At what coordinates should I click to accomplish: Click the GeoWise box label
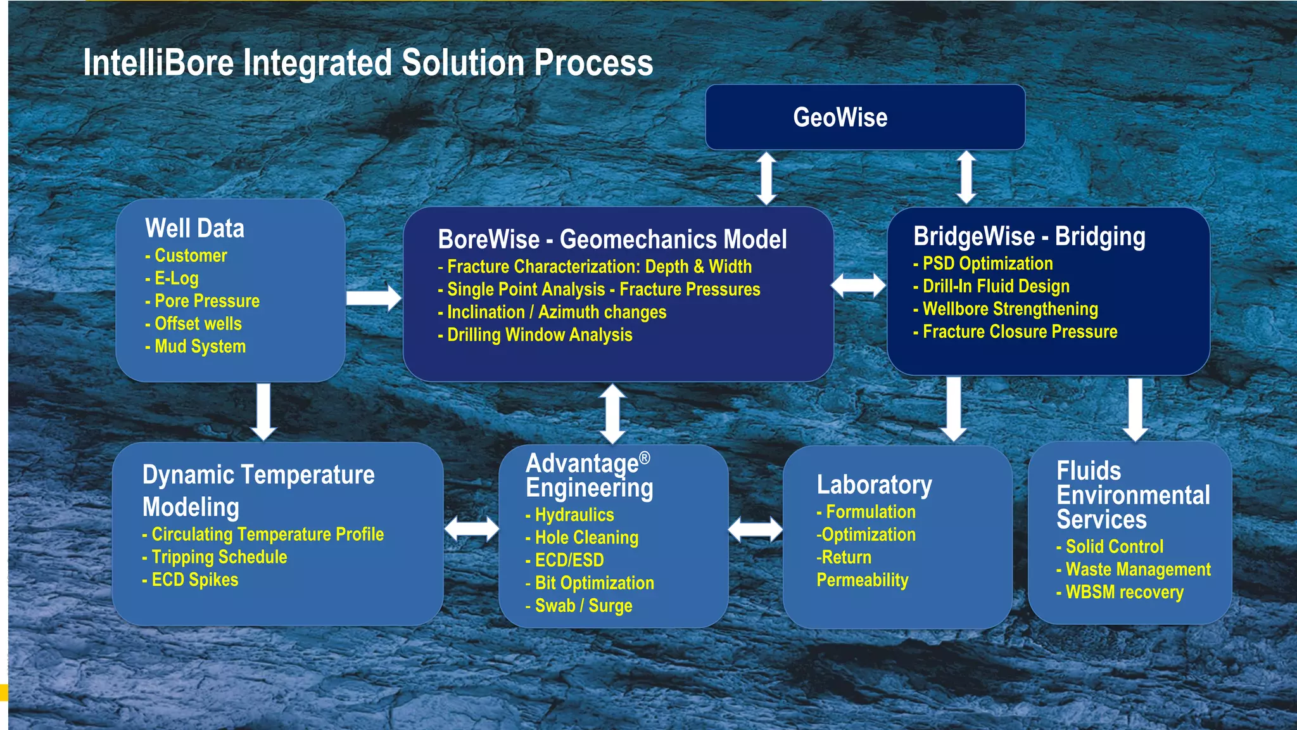pos(840,118)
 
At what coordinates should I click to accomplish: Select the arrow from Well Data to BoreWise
pos(374,298)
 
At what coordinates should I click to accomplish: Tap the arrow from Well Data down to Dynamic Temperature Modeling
pos(263,411)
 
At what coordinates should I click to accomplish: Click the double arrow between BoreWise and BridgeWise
pos(858,285)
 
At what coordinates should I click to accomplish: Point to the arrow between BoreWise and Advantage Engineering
pos(612,413)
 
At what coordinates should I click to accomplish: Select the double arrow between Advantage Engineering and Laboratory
pos(755,529)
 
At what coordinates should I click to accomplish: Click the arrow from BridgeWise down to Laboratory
pos(953,409)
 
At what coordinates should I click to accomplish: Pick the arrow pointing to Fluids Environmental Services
pos(1136,409)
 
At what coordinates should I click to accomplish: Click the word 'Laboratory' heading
pos(874,485)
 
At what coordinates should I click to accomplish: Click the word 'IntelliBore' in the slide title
pos(158,63)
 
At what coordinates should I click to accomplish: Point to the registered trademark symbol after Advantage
pos(644,458)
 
